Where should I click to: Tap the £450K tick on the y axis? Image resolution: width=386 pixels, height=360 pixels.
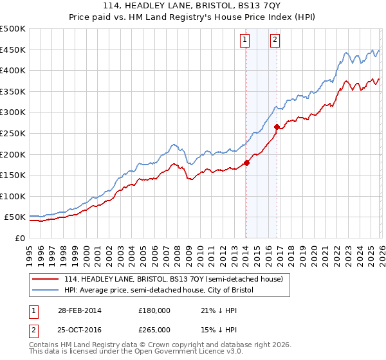[13, 50]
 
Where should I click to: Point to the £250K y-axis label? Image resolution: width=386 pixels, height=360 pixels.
[13, 133]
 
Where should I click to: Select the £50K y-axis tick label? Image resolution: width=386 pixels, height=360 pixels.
[15, 217]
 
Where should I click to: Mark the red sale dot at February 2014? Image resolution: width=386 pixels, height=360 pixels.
[246, 163]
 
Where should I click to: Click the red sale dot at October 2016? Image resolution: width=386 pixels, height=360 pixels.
[277, 127]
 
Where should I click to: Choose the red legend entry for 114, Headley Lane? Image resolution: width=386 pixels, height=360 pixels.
[178, 279]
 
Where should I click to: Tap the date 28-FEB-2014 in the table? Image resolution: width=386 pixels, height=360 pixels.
[77, 310]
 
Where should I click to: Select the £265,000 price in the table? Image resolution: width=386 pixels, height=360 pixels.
[154, 329]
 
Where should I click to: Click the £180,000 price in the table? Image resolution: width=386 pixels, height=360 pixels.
[154, 310]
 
